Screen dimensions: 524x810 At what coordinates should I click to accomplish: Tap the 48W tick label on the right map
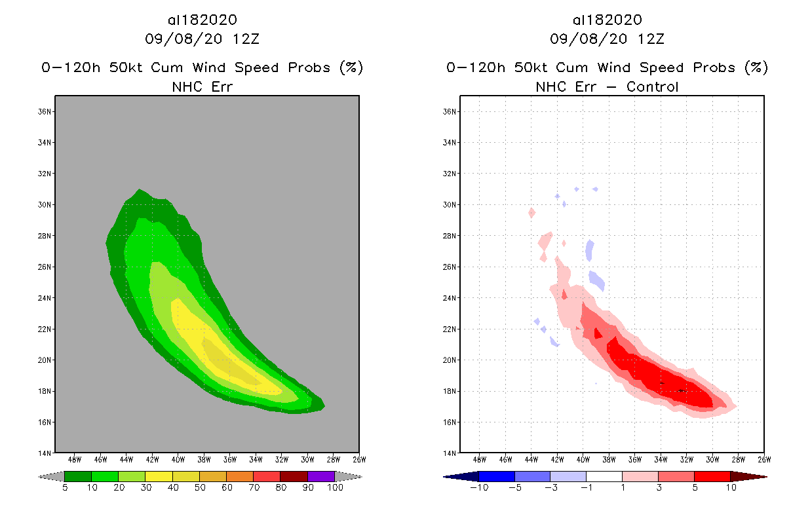[x=480, y=460]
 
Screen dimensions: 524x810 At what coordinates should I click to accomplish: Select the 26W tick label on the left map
[x=358, y=460]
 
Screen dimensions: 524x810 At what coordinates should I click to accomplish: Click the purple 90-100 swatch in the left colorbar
[x=321, y=476]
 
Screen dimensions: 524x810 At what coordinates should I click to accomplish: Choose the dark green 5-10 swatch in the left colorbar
[x=78, y=476]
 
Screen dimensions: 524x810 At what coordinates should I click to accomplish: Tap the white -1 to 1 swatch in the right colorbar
[x=604, y=476]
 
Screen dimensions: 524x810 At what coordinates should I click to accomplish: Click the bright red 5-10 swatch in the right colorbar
[x=712, y=476]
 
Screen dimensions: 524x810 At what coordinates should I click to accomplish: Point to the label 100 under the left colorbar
[x=335, y=488]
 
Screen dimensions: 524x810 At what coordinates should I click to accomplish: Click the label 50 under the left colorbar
[x=200, y=488]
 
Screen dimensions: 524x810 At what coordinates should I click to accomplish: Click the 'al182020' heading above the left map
[x=202, y=20]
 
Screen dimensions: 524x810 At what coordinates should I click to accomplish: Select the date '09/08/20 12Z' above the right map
[x=607, y=39]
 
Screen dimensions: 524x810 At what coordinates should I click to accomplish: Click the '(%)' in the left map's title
[x=351, y=67]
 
